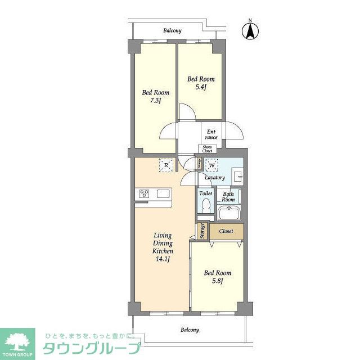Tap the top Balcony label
pyautogui.click(x=172, y=30)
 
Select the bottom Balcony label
pyautogui.click(x=189, y=330)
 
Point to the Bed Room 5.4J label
pyautogui.click(x=201, y=83)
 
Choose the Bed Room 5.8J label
pyautogui.click(x=217, y=277)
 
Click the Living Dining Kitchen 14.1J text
pyautogui.click(x=163, y=247)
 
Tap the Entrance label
pyautogui.click(x=211, y=134)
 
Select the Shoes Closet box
pyautogui.click(x=208, y=149)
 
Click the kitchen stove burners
pyautogui.click(x=144, y=194)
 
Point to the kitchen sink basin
pyautogui.click(x=163, y=194)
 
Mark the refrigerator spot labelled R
pyautogui.click(x=166, y=165)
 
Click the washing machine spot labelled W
pyautogui.click(x=212, y=165)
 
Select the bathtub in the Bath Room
pyautogui.click(x=229, y=214)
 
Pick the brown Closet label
pyautogui.click(x=226, y=231)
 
